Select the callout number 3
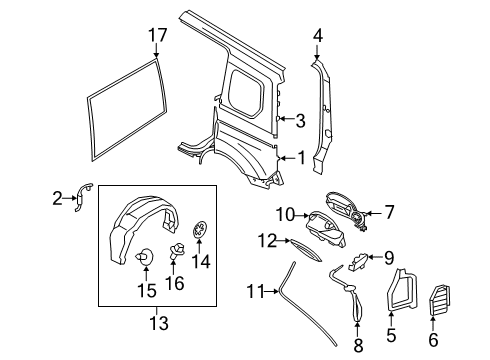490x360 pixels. [x=299, y=121]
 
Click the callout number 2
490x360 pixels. [x=57, y=198]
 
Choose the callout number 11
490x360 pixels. [x=256, y=292]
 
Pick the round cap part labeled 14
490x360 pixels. [x=200, y=231]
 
